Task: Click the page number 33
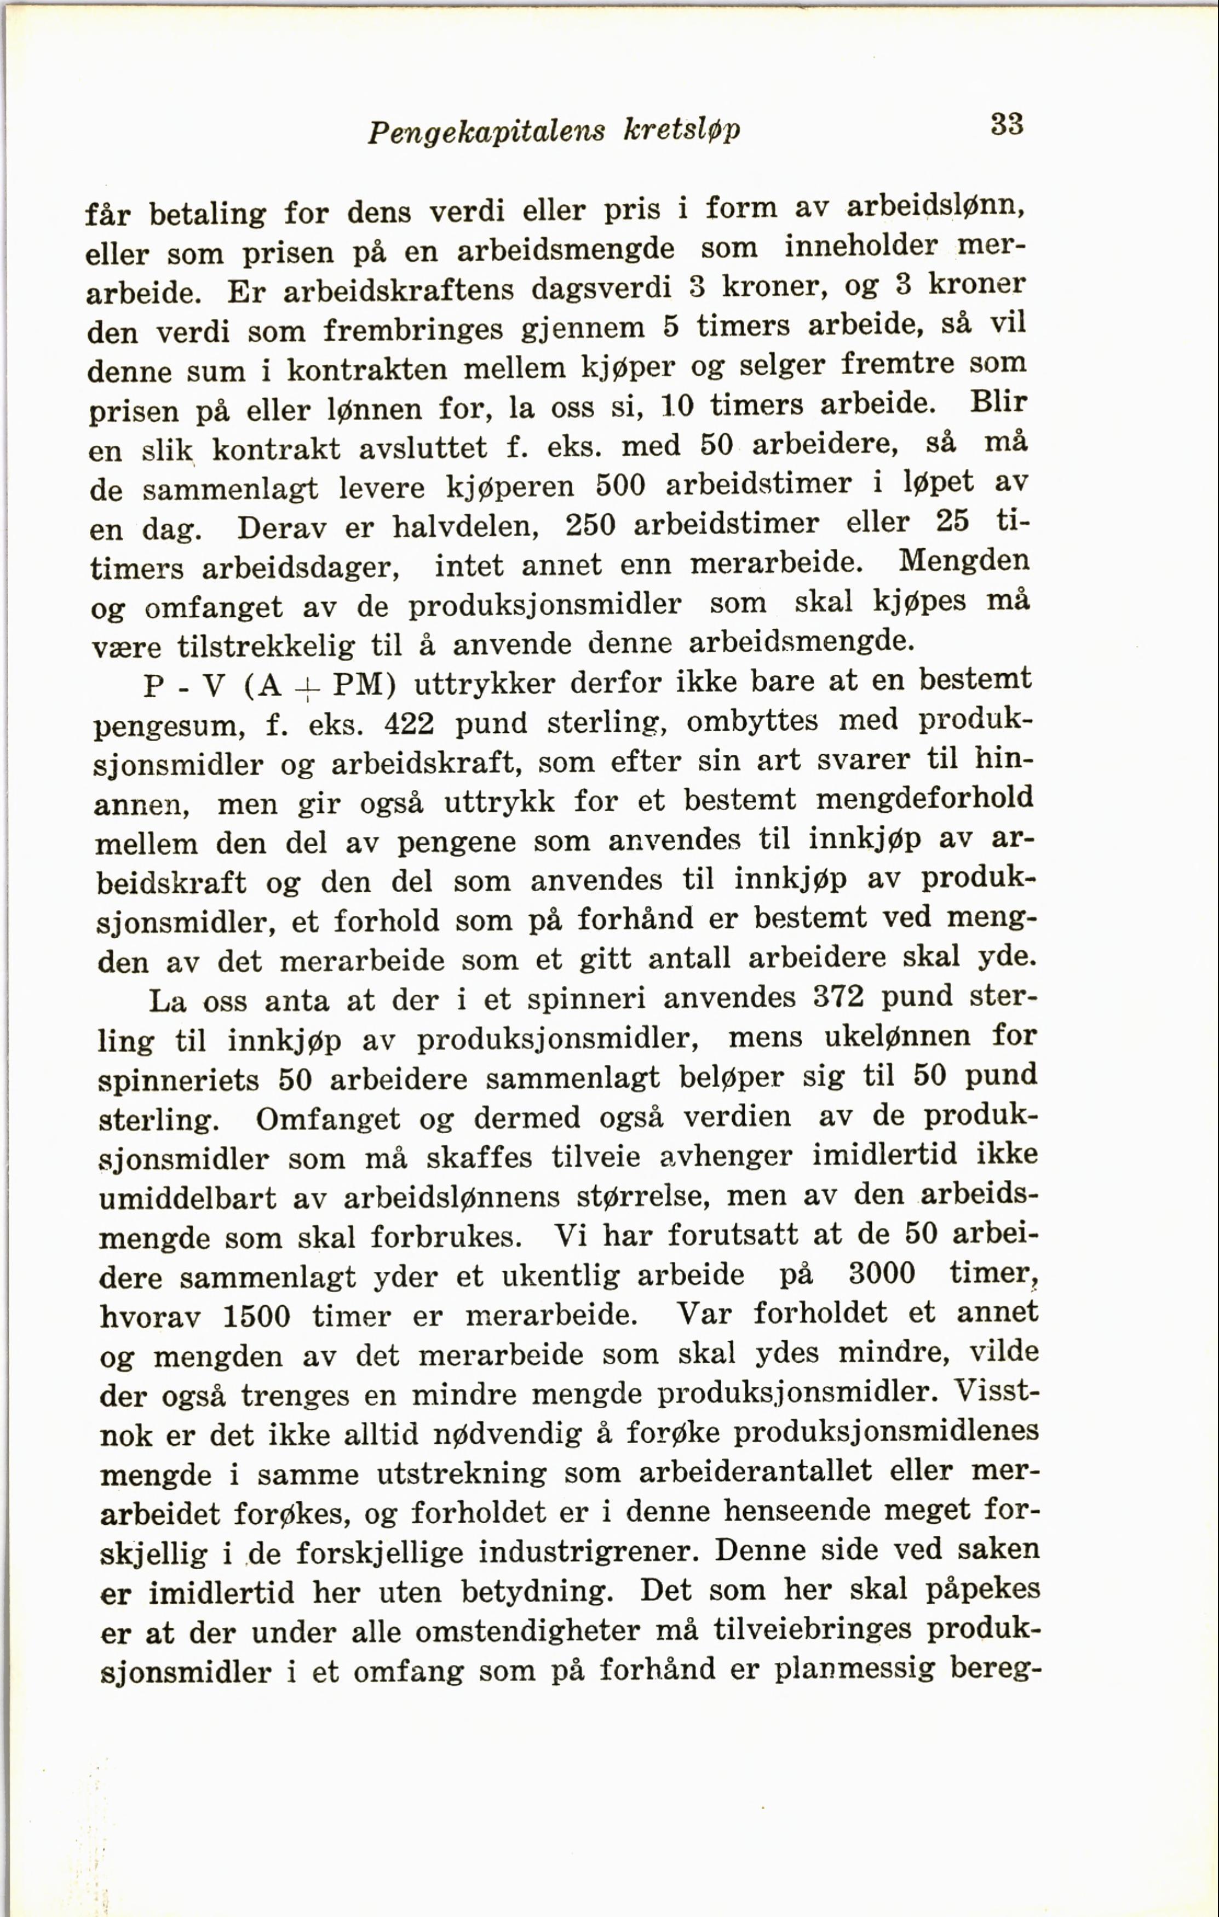pyautogui.click(x=1007, y=124)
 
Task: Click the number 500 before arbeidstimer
pyautogui.click(x=619, y=485)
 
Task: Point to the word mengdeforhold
pyautogui.click(x=924, y=799)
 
